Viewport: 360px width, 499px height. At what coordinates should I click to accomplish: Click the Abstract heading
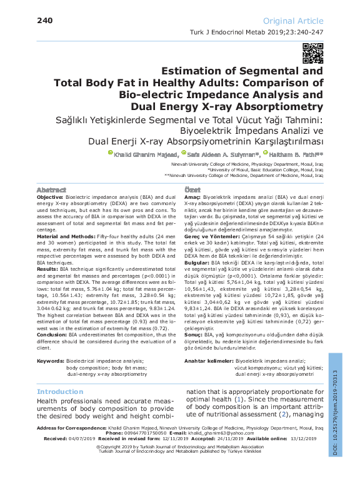pos(51,189)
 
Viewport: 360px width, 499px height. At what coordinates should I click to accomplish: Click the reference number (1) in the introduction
pos(238,398)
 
